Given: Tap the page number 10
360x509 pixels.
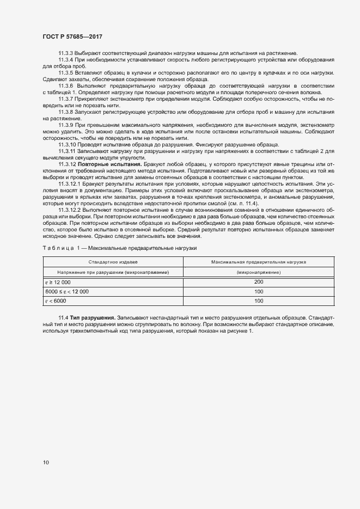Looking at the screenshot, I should pyautogui.click(x=45, y=463).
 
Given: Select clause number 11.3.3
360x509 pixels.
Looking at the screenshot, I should pyautogui.click(x=66, y=52).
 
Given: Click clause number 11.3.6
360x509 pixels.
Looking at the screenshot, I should pyautogui.click(x=66, y=86).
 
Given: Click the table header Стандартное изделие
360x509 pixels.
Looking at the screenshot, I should pyautogui.click(x=113, y=262).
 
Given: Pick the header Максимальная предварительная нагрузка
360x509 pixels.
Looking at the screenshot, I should pyautogui.click(x=259, y=262).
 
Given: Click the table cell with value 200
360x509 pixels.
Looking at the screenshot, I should pyautogui.click(x=259, y=281).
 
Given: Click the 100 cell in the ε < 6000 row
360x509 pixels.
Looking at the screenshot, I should pyautogui.click(x=259, y=301).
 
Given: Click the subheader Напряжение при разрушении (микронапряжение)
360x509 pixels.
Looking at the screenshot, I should pyautogui.click(x=113, y=272).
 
